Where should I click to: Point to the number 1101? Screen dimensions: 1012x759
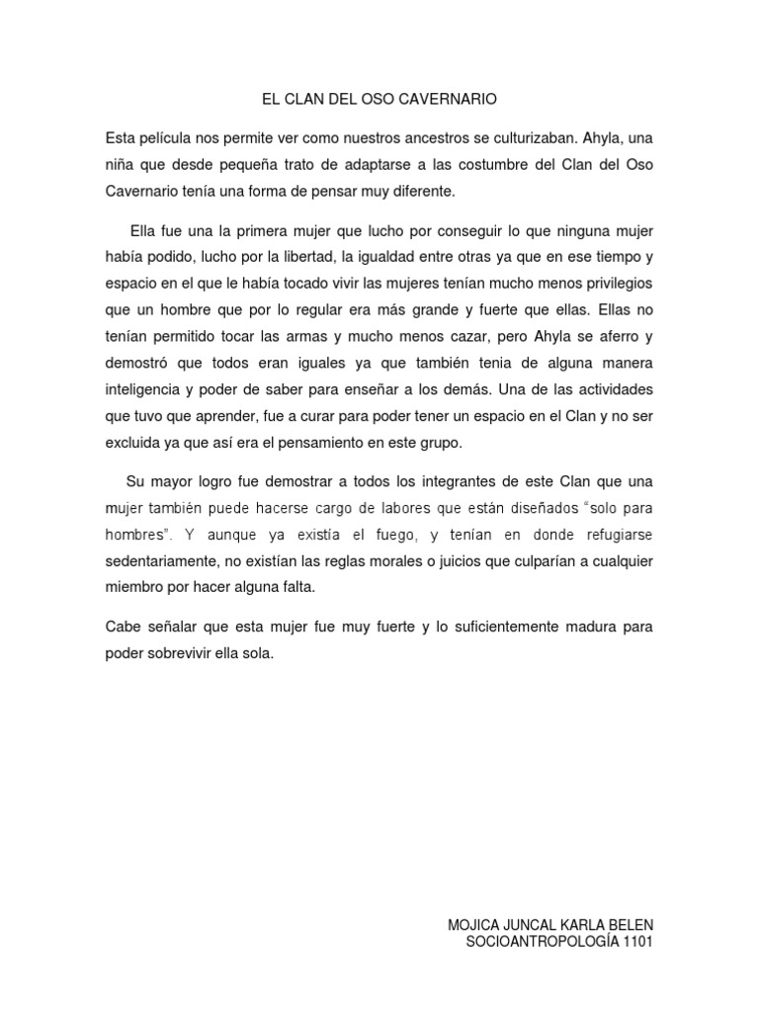coord(634,942)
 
